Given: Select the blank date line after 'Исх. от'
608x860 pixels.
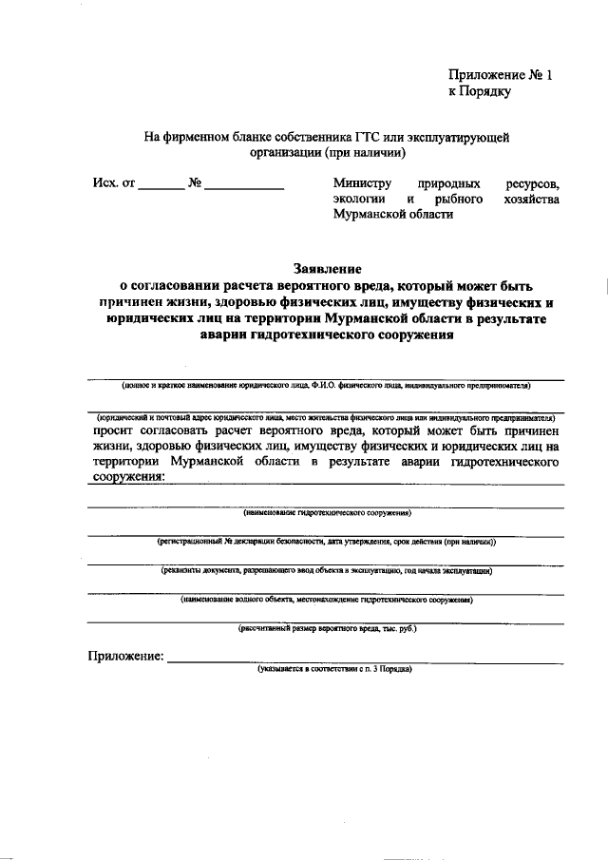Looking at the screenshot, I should (x=161, y=185).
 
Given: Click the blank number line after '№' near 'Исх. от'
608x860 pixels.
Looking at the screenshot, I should (x=244, y=185).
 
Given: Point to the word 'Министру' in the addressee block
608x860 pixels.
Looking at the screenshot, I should (x=362, y=182).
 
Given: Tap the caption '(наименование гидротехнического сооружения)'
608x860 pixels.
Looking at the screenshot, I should (x=326, y=512).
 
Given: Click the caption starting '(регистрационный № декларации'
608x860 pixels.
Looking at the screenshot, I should (x=326, y=542).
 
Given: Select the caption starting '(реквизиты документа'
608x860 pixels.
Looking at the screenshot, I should (x=326, y=571).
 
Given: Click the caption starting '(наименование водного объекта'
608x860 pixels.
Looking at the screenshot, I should (x=326, y=601).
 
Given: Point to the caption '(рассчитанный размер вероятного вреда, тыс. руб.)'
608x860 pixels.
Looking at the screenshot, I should (x=326, y=629).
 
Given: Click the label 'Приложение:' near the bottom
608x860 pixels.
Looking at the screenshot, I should (x=124, y=656).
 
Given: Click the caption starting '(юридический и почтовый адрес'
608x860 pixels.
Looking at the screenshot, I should (x=326, y=417).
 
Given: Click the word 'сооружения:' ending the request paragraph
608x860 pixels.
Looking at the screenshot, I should (x=123, y=478).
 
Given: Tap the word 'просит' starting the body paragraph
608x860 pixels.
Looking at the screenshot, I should (x=113, y=430).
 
